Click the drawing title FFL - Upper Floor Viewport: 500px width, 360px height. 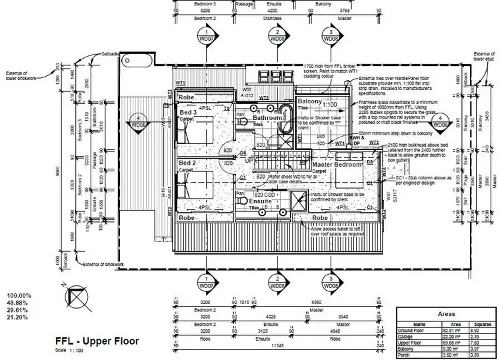[x=97, y=341]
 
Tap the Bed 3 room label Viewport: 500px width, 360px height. [x=188, y=113]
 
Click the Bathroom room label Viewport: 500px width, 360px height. [x=267, y=117]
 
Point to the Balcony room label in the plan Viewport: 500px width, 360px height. [x=310, y=101]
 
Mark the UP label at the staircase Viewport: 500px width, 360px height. [x=250, y=161]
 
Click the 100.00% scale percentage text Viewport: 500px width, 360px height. [x=19, y=295]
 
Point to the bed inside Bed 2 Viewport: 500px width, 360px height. [x=197, y=184]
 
